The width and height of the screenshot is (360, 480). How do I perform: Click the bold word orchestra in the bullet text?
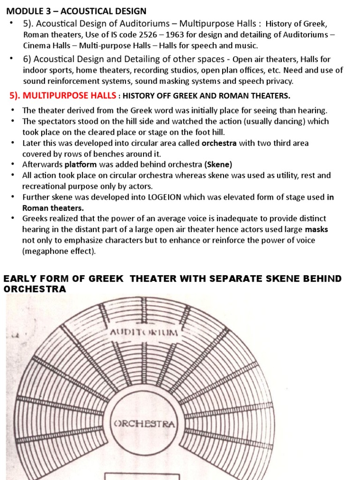(x=219, y=143)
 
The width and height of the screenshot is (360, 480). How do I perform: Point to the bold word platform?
(x=81, y=165)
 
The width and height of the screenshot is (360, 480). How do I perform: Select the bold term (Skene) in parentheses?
(x=218, y=165)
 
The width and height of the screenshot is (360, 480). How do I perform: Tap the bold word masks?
(x=316, y=229)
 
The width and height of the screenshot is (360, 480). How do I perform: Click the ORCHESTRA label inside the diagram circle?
(x=144, y=424)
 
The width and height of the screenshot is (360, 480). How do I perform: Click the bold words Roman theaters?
(x=53, y=208)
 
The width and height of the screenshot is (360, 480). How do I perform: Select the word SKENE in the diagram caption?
(x=275, y=279)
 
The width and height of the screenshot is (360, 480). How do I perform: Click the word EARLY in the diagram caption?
(x=17, y=279)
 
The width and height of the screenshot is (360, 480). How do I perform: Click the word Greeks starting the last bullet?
(x=34, y=218)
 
